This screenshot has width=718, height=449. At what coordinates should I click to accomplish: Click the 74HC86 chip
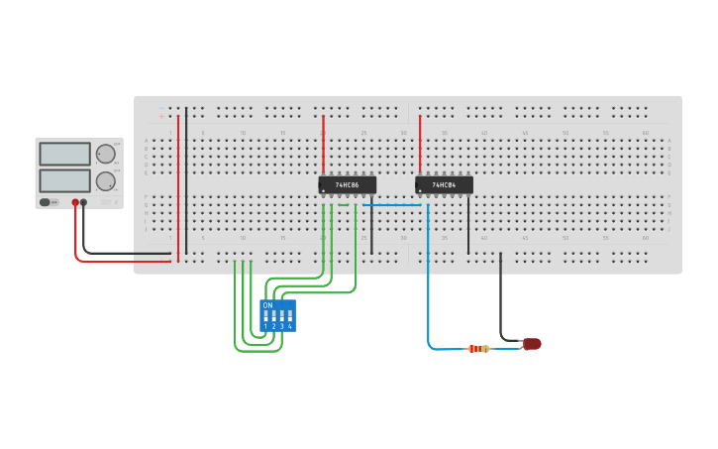click(x=348, y=185)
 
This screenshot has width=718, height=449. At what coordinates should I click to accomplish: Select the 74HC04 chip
click(x=445, y=185)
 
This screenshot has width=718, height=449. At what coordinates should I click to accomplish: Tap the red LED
click(x=532, y=344)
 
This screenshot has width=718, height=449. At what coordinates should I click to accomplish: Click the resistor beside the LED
click(x=478, y=348)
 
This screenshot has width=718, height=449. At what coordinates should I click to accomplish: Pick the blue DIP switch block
click(x=277, y=315)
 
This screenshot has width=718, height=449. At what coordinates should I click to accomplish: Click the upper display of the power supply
click(x=64, y=154)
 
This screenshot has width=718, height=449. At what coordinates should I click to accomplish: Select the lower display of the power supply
click(x=64, y=180)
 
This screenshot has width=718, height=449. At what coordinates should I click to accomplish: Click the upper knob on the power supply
click(x=105, y=154)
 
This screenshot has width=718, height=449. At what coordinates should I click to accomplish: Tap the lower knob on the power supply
click(x=105, y=181)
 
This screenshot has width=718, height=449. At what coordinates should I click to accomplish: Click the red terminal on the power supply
click(x=74, y=202)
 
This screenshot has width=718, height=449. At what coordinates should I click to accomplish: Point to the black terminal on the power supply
click(x=83, y=202)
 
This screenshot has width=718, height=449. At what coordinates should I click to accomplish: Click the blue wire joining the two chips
click(x=396, y=205)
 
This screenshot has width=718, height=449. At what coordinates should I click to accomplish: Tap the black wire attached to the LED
click(x=500, y=297)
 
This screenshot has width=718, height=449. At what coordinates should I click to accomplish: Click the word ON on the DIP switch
click(x=267, y=305)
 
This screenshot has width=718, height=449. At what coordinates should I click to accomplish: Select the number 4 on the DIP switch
click(x=289, y=326)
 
